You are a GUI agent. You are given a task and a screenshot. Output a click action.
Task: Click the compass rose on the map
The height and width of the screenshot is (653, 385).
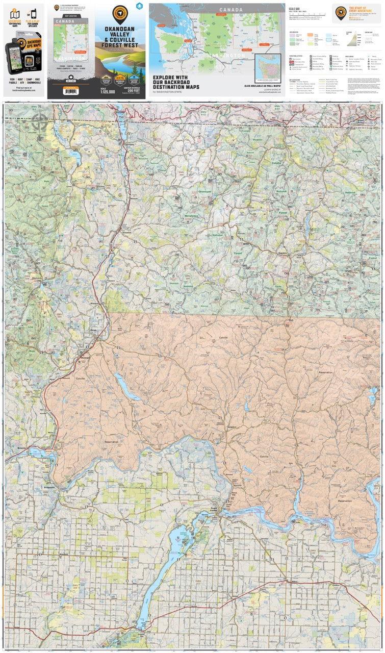coord(40,121)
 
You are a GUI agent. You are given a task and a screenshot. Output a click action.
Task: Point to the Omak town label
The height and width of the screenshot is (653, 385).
coord(93,331)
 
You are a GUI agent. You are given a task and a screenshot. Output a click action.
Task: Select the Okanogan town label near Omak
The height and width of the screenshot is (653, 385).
coord(86,357)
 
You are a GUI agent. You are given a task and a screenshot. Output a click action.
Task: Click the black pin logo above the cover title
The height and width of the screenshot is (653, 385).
coord(120,13)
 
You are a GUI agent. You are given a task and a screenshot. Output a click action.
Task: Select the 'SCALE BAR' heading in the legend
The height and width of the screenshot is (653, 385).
coord(294,9)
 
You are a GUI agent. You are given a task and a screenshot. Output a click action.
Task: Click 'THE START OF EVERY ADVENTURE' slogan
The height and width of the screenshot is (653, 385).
coord(360,11)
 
